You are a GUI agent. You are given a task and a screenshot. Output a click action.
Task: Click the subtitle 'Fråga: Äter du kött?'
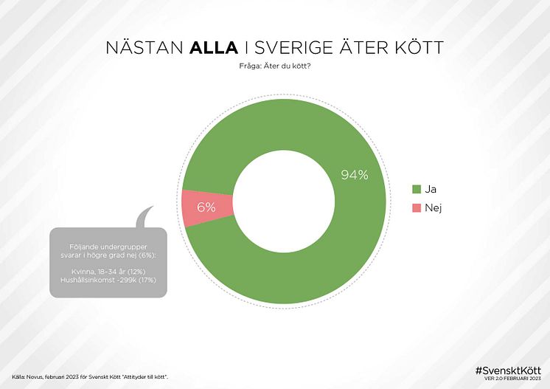point(274,69)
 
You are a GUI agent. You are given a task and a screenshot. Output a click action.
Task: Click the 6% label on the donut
point(206,207)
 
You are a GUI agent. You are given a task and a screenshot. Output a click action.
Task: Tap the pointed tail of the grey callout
point(145,213)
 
